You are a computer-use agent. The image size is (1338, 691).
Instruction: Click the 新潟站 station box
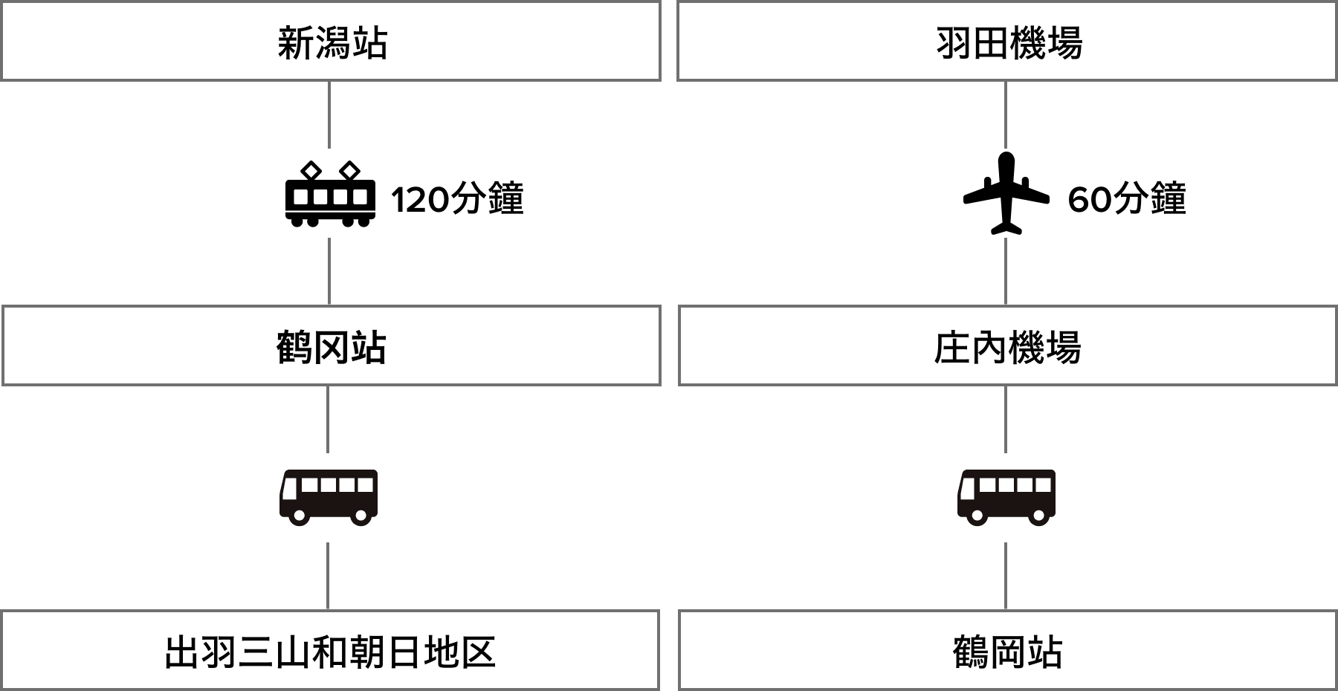tap(331, 42)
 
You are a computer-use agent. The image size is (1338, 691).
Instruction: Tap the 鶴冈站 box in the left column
tap(331, 345)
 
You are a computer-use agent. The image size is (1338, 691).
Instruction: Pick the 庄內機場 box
tap(1007, 345)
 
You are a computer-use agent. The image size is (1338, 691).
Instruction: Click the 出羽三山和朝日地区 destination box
tap(330, 650)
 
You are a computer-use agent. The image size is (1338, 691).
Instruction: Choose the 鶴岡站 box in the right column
tap(1007, 650)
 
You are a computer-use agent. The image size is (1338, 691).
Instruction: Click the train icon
tap(329, 193)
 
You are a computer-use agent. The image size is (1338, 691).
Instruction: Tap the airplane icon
tap(1006, 193)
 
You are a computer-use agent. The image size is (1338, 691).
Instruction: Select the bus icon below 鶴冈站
tap(329, 497)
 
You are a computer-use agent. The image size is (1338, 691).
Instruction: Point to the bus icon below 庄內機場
tap(1006, 497)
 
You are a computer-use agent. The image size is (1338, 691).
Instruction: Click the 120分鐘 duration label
tap(457, 198)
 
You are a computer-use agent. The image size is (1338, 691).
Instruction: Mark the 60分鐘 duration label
tap(1126, 198)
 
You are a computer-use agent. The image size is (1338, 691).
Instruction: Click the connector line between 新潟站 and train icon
tap(329, 115)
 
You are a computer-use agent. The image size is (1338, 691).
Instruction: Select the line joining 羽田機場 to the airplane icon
tap(1006, 115)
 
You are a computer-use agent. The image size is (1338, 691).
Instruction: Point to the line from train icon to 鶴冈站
tap(329, 271)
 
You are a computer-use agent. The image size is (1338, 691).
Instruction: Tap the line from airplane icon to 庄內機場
tap(1006, 271)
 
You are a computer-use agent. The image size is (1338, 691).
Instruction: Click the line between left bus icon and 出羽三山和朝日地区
tap(328, 576)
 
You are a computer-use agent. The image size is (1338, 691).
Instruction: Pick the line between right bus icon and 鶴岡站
tap(1006, 576)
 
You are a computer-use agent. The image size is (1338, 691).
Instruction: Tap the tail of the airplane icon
tap(1006, 225)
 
